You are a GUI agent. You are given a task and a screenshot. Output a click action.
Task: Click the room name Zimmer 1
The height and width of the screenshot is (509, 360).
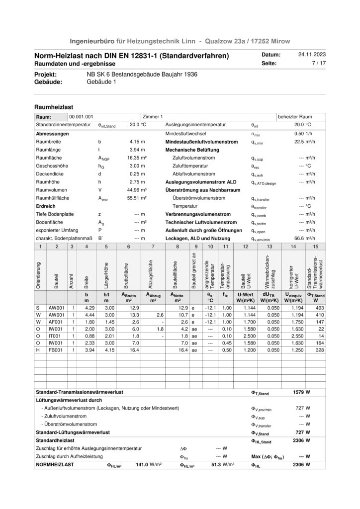[x=153, y=116]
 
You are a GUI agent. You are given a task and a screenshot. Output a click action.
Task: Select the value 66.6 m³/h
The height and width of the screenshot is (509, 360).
[x=303, y=238]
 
